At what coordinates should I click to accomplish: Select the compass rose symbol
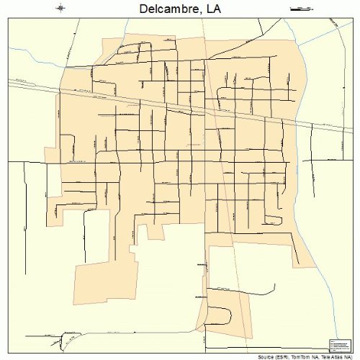(x=61, y=8)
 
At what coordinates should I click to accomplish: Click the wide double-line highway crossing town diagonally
(x=180, y=107)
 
